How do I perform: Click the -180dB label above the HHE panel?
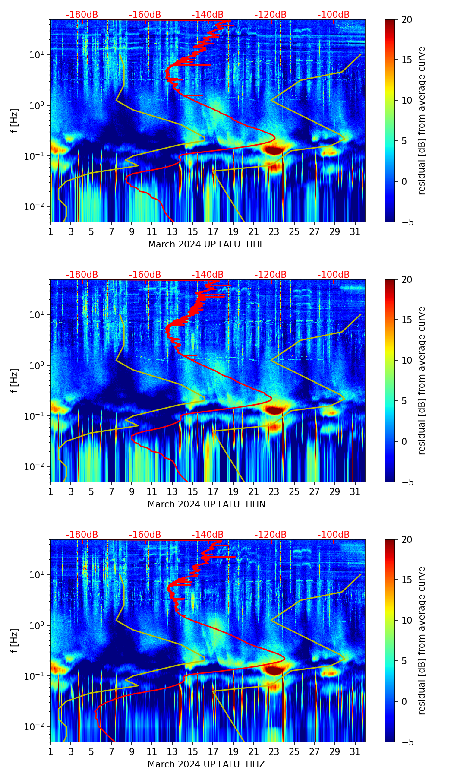pyautogui.click(x=82, y=15)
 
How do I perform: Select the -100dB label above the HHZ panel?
pyautogui.click(x=334, y=535)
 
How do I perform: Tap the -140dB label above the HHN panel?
pyautogui.click(x=208, y=275)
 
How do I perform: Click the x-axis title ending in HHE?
pyautogui.click(x=206, y=244)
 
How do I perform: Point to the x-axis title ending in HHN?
pyautogui.click(x=206, y=504)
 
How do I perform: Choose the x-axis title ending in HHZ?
pyautogui.click(x=206, y=764)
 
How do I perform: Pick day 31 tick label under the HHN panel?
pyautogui.click(x=355, y=492)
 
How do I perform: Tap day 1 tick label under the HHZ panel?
pyautogui.click(x=50, y=752)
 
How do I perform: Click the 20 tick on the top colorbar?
pyautogui.click(x=407, y=19)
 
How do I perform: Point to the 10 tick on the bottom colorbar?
pyautogui.click(x=407, y=620)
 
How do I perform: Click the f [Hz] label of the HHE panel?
pyautogui.click(x=14, y=121)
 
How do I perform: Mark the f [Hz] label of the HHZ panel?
pyautogui.click(x=14, y=641)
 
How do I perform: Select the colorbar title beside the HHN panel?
pyautogui.click(x=422, y=380)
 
